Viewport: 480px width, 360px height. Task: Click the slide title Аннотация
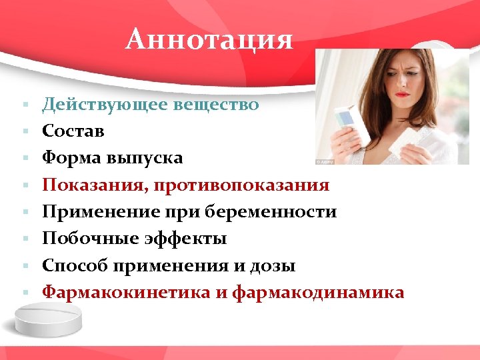[209, 39]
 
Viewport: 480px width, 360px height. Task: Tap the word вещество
[215, 105]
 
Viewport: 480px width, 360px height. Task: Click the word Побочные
[86, 239]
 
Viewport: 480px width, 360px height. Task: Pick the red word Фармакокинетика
[123, 292]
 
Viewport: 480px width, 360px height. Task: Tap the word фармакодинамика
[318, 292]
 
